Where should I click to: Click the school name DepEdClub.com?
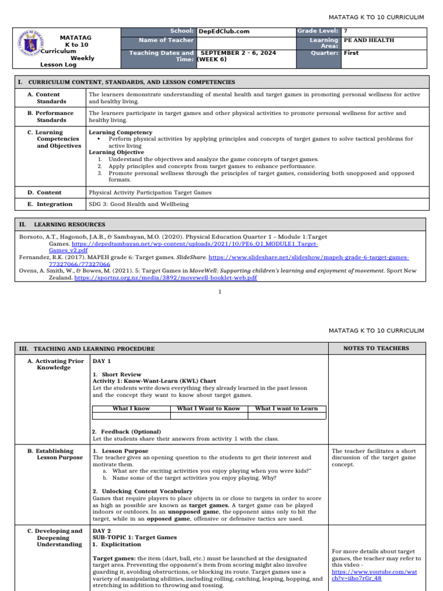(x=224, y=31)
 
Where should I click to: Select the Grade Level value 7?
(x=346, y=31)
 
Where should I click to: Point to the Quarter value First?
(x=351, y=53)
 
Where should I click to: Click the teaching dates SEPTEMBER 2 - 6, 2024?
(x=238, y=53)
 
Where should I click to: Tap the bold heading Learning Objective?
(x=116, y=152)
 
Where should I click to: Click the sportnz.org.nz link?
(x=166, y=277)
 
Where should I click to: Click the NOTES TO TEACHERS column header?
(x=376, y=348)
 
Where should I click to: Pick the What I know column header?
(x=131, y=408)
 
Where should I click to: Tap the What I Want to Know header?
(x=208, y=408)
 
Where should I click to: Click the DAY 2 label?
(x=102, y=530)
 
